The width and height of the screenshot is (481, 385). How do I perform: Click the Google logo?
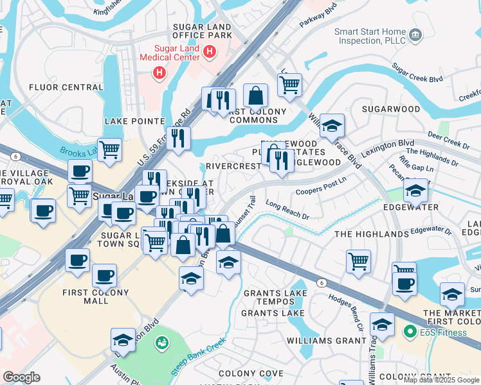point(21,377)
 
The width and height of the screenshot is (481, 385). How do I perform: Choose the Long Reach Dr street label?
point(287,211)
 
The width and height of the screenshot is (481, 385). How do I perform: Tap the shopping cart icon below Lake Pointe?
point(110,150)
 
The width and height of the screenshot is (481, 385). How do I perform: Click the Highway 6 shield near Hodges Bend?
point(320,282)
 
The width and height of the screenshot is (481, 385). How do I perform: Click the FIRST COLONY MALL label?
point(96,296)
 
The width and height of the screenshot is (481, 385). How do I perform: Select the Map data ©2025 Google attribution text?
point(440,379)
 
